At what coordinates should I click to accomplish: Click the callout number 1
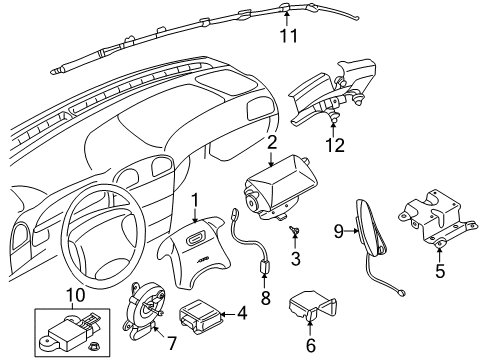pos(196,200)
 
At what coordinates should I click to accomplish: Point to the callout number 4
pos(242,313)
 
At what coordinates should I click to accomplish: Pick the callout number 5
pos(438,269)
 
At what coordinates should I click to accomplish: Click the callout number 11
pos(289,39)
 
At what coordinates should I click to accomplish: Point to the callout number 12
pos(333,145)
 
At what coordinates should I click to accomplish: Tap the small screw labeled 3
pos(294,236)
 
